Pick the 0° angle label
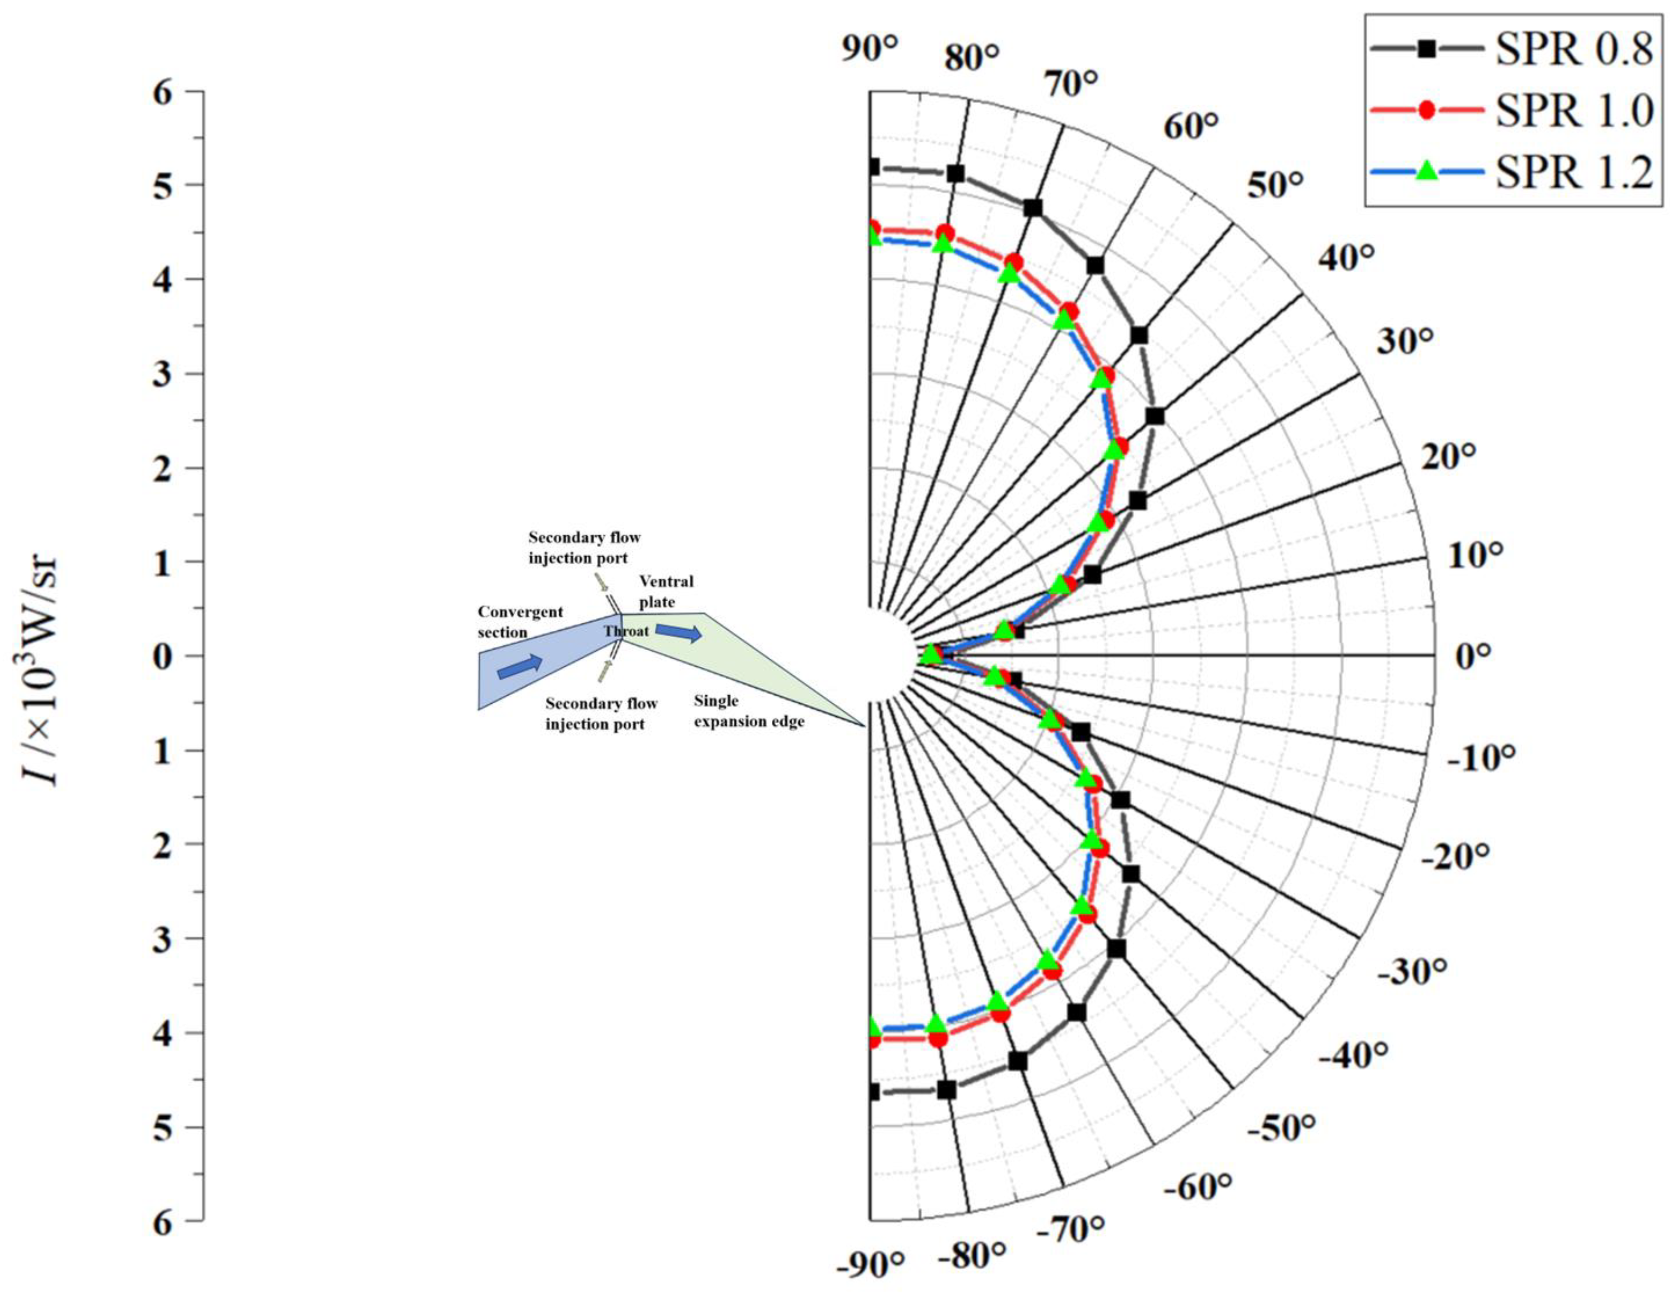point(1472,656)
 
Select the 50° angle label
point(1275,185)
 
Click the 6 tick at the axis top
point(163,92)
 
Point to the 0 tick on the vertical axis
point(163,656)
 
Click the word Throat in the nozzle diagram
point(626,631)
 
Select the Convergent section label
point(520,622)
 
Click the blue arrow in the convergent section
point(520,666)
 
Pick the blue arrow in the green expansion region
point(678,632)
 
